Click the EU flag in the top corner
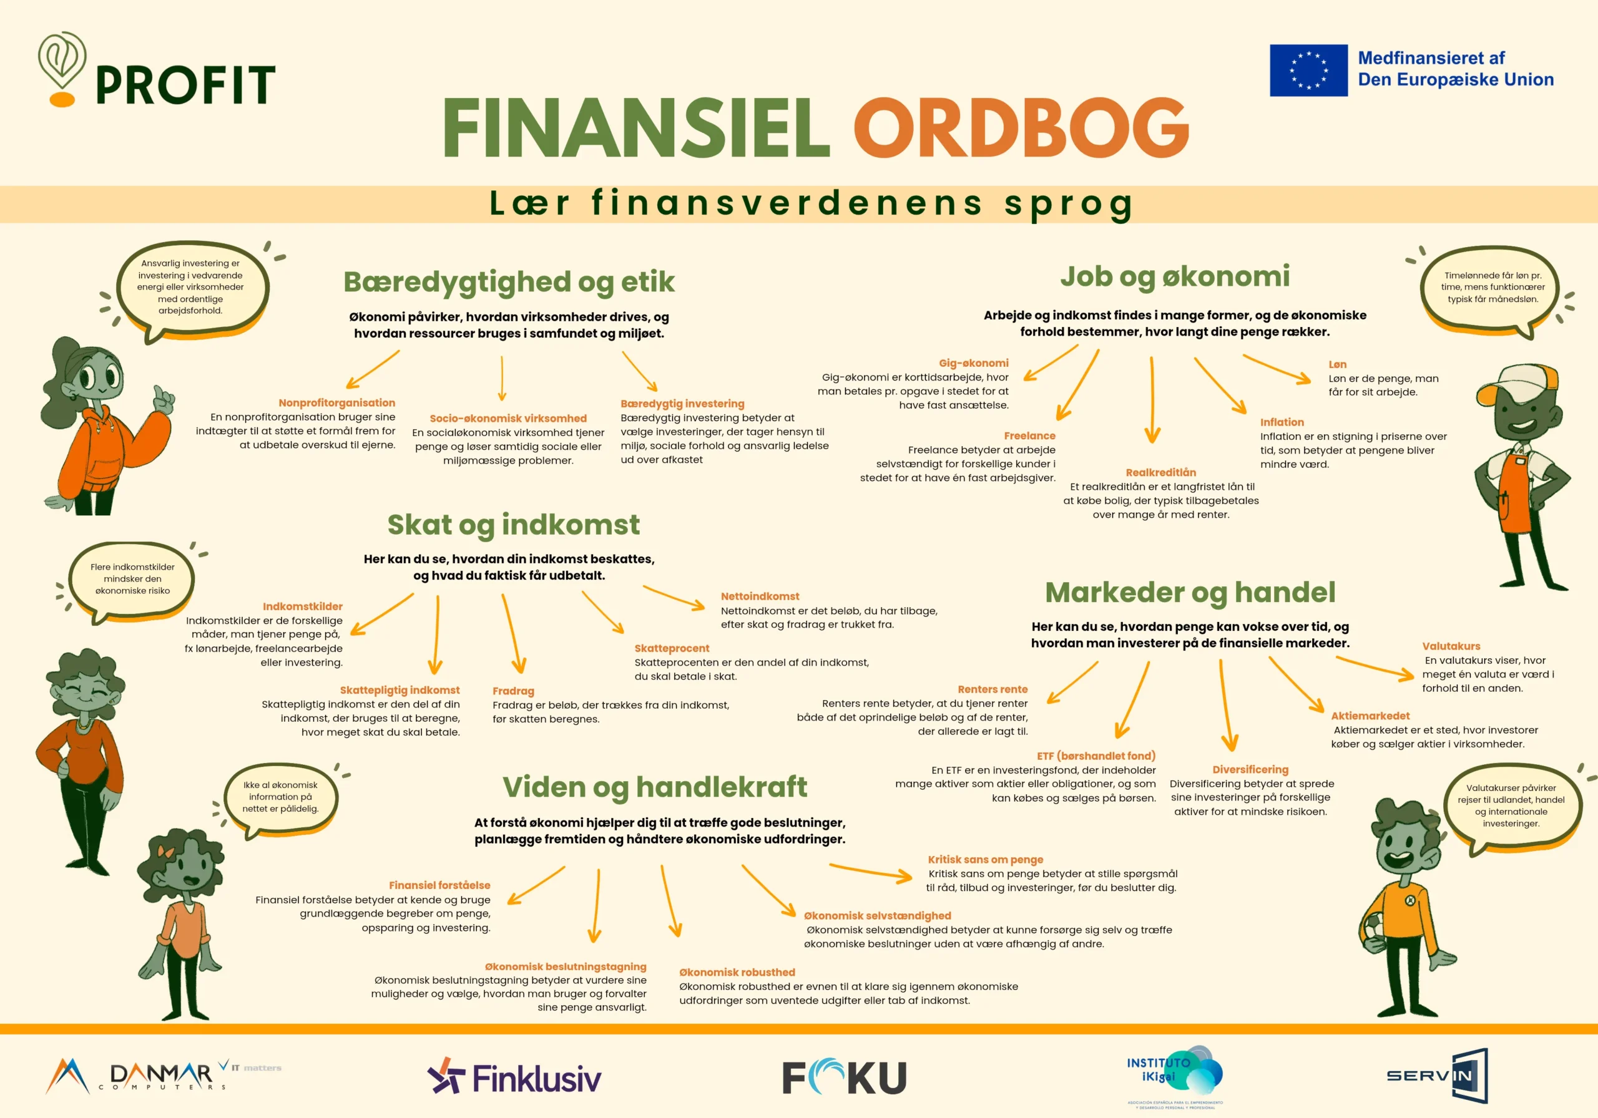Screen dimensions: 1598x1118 (x=1308, y=70)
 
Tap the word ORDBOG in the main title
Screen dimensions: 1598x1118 (x=1022, y=127)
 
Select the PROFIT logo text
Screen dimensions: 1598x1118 (x=186, y=85)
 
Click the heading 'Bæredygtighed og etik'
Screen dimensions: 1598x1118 (x=509, y=282)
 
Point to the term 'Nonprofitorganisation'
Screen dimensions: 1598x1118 (x=337, y=403)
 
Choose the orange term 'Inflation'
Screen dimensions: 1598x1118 (x=1282, y=422)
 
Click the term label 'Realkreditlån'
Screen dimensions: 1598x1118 (x=1161, y=472)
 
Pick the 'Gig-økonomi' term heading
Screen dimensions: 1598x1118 (x=974, y=363)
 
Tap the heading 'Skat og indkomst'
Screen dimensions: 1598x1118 (x=514, y=525)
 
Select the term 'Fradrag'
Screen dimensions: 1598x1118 (x=514, y=691)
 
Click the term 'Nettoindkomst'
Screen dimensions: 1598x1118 (x=760, y=596)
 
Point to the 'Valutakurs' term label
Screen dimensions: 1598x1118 (x=1451, y=646)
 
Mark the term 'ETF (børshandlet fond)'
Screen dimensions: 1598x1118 (x=1096, y=756)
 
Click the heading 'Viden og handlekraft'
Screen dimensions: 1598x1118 (x=655, y=787)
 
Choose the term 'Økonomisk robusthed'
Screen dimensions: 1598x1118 (x=737, y=973)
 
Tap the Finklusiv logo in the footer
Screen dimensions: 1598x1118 (x=514, y=1077)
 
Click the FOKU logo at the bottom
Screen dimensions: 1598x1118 (x=844, y=1077)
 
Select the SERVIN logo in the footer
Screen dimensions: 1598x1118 (x=1437, y=1076)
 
